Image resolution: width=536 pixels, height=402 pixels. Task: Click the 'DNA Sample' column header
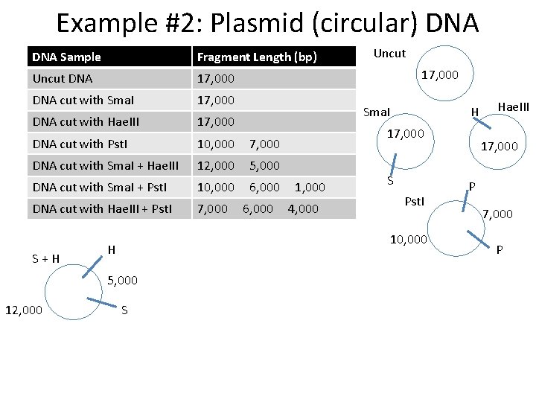(x=67, y=57)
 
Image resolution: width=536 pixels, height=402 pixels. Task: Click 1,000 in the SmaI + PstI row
(x=310, y=187)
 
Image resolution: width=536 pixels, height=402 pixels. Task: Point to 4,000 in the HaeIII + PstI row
(x=303, y=208)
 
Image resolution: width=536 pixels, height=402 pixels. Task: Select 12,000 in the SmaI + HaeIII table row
(x=215, y=165)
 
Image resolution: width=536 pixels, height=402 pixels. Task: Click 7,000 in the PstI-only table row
(x=264, y=144)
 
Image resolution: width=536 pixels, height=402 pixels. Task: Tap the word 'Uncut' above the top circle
(x=389, y=54)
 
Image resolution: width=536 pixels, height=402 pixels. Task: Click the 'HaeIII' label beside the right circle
(x=512, y=107)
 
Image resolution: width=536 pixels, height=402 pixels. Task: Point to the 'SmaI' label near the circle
(x=376, y=112)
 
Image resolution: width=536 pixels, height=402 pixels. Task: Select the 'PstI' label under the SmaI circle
(x=415, y=201)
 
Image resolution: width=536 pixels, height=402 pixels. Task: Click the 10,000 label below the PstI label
(x=409, y=239)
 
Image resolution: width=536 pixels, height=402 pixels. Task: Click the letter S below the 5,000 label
(x=124, y=310)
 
